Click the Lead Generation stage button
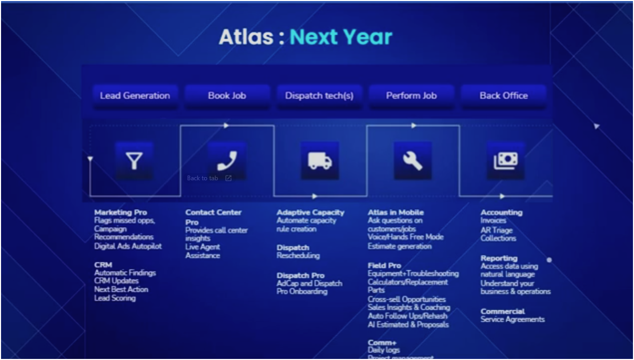[135, 96]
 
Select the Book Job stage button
[227, 96]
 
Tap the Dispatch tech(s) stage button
[319, 96]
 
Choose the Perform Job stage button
[411, 96]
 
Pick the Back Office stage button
[504, 96]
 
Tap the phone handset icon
[226, 160]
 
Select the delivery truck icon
[320, 161]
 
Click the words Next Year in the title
[341, 37]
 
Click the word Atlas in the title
[246, 37]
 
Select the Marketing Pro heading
[121, 212]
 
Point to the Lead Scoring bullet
[115, 298]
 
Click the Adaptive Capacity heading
[310, 212]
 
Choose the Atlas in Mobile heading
[396, 212]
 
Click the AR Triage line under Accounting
[496, 230]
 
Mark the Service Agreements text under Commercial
[512, 320]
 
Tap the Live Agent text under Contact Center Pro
[202, 247]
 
